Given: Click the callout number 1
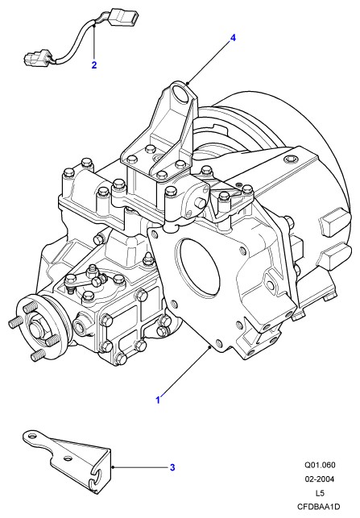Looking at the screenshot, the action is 158,400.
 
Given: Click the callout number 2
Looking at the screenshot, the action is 94,64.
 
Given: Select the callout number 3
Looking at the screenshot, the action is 172,467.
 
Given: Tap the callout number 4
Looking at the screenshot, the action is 233,38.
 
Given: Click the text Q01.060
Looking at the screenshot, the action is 320,465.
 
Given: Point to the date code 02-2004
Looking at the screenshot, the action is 320,479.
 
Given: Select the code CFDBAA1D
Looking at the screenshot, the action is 319,507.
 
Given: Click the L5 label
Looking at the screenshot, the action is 320,493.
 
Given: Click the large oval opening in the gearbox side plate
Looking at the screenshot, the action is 198,264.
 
